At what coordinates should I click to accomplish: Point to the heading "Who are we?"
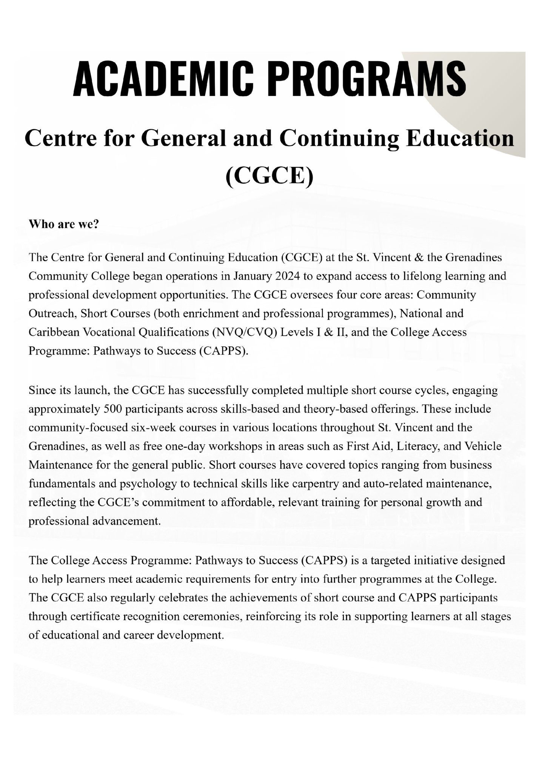coord(64,224)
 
